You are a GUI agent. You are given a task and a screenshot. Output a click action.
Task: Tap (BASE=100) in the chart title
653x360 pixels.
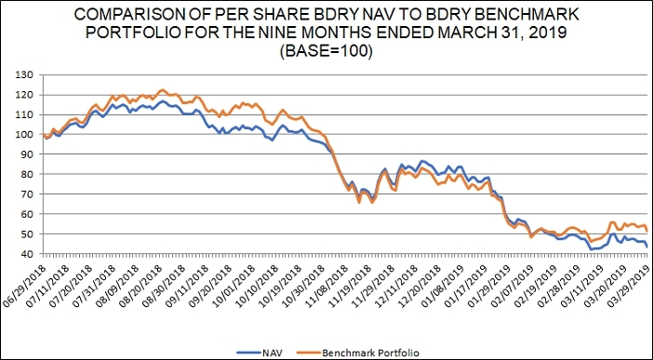[x=326, y=52]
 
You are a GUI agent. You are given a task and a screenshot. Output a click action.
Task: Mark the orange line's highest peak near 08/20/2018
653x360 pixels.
[x=163, y=89]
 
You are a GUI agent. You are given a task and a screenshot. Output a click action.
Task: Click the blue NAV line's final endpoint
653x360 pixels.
[x=646, y=247]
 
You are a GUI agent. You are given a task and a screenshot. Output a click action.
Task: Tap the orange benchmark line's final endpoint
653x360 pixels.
[x=646, y=232]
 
